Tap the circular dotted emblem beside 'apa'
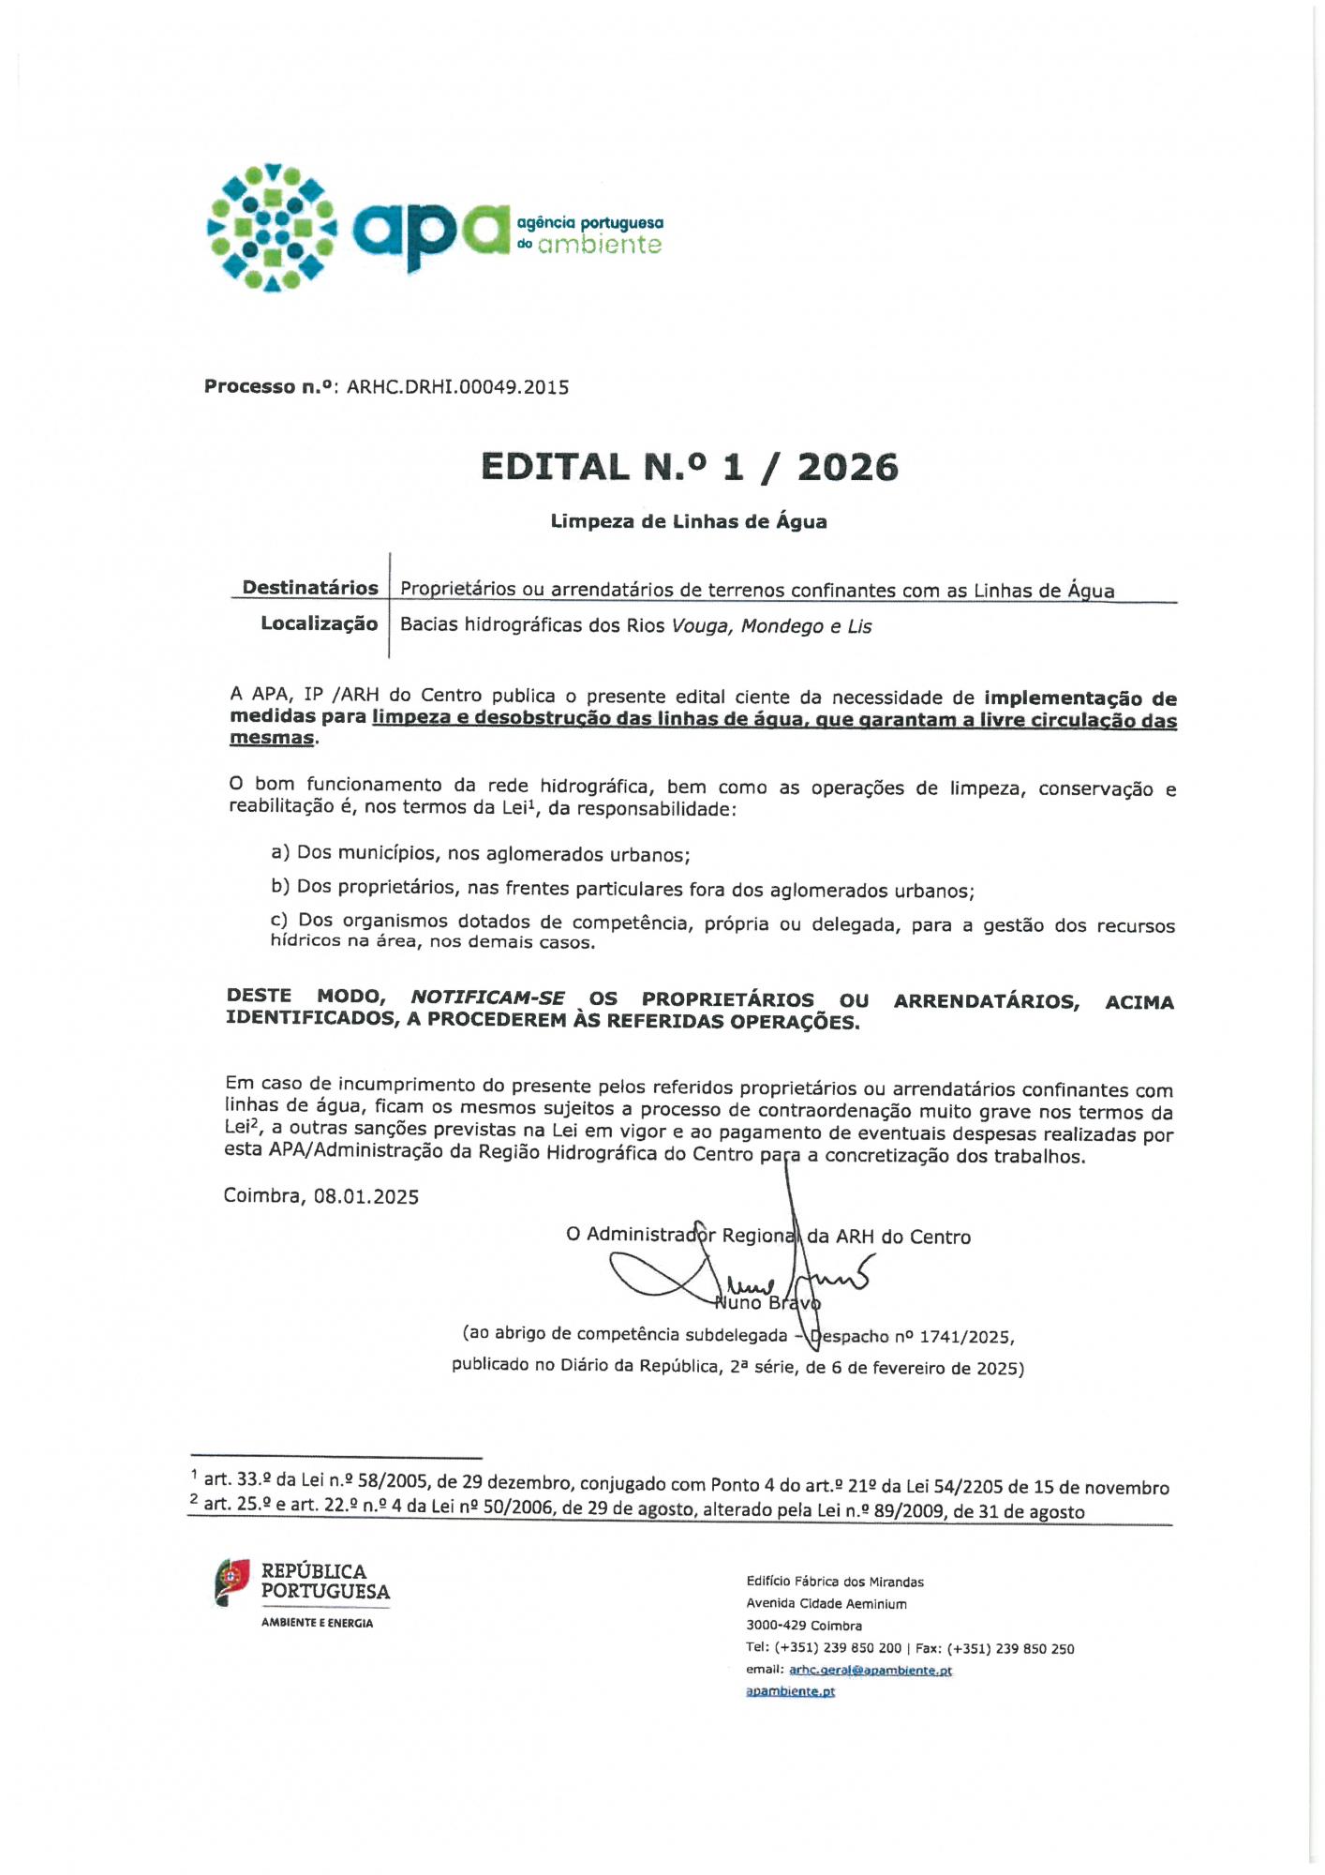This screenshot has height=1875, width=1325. (272, 227)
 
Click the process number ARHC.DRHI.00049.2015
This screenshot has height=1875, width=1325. (457, 387)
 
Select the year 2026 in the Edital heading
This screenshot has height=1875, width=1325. (847, 467)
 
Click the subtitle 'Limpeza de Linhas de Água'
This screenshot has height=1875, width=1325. (688, 521)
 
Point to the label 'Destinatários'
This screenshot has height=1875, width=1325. (309, 588)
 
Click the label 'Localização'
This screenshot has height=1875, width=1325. (319, 623)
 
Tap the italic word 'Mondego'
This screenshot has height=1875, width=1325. (782, 626)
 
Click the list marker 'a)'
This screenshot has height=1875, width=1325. (280, 852)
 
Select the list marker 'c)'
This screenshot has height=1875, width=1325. (279, 921)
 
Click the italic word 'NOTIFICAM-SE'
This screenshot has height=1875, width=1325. (487, 997)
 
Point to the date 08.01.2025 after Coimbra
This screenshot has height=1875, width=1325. (366, 1196)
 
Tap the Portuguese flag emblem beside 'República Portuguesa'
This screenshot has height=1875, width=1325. (232, 1582)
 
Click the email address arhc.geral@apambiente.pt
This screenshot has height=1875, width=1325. (870, 1670)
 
